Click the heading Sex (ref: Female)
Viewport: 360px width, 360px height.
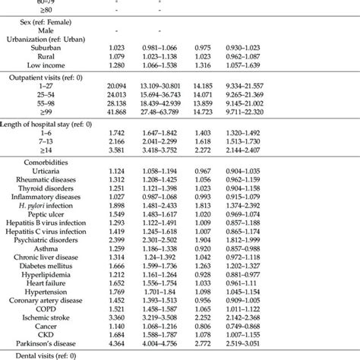[43, 22]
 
